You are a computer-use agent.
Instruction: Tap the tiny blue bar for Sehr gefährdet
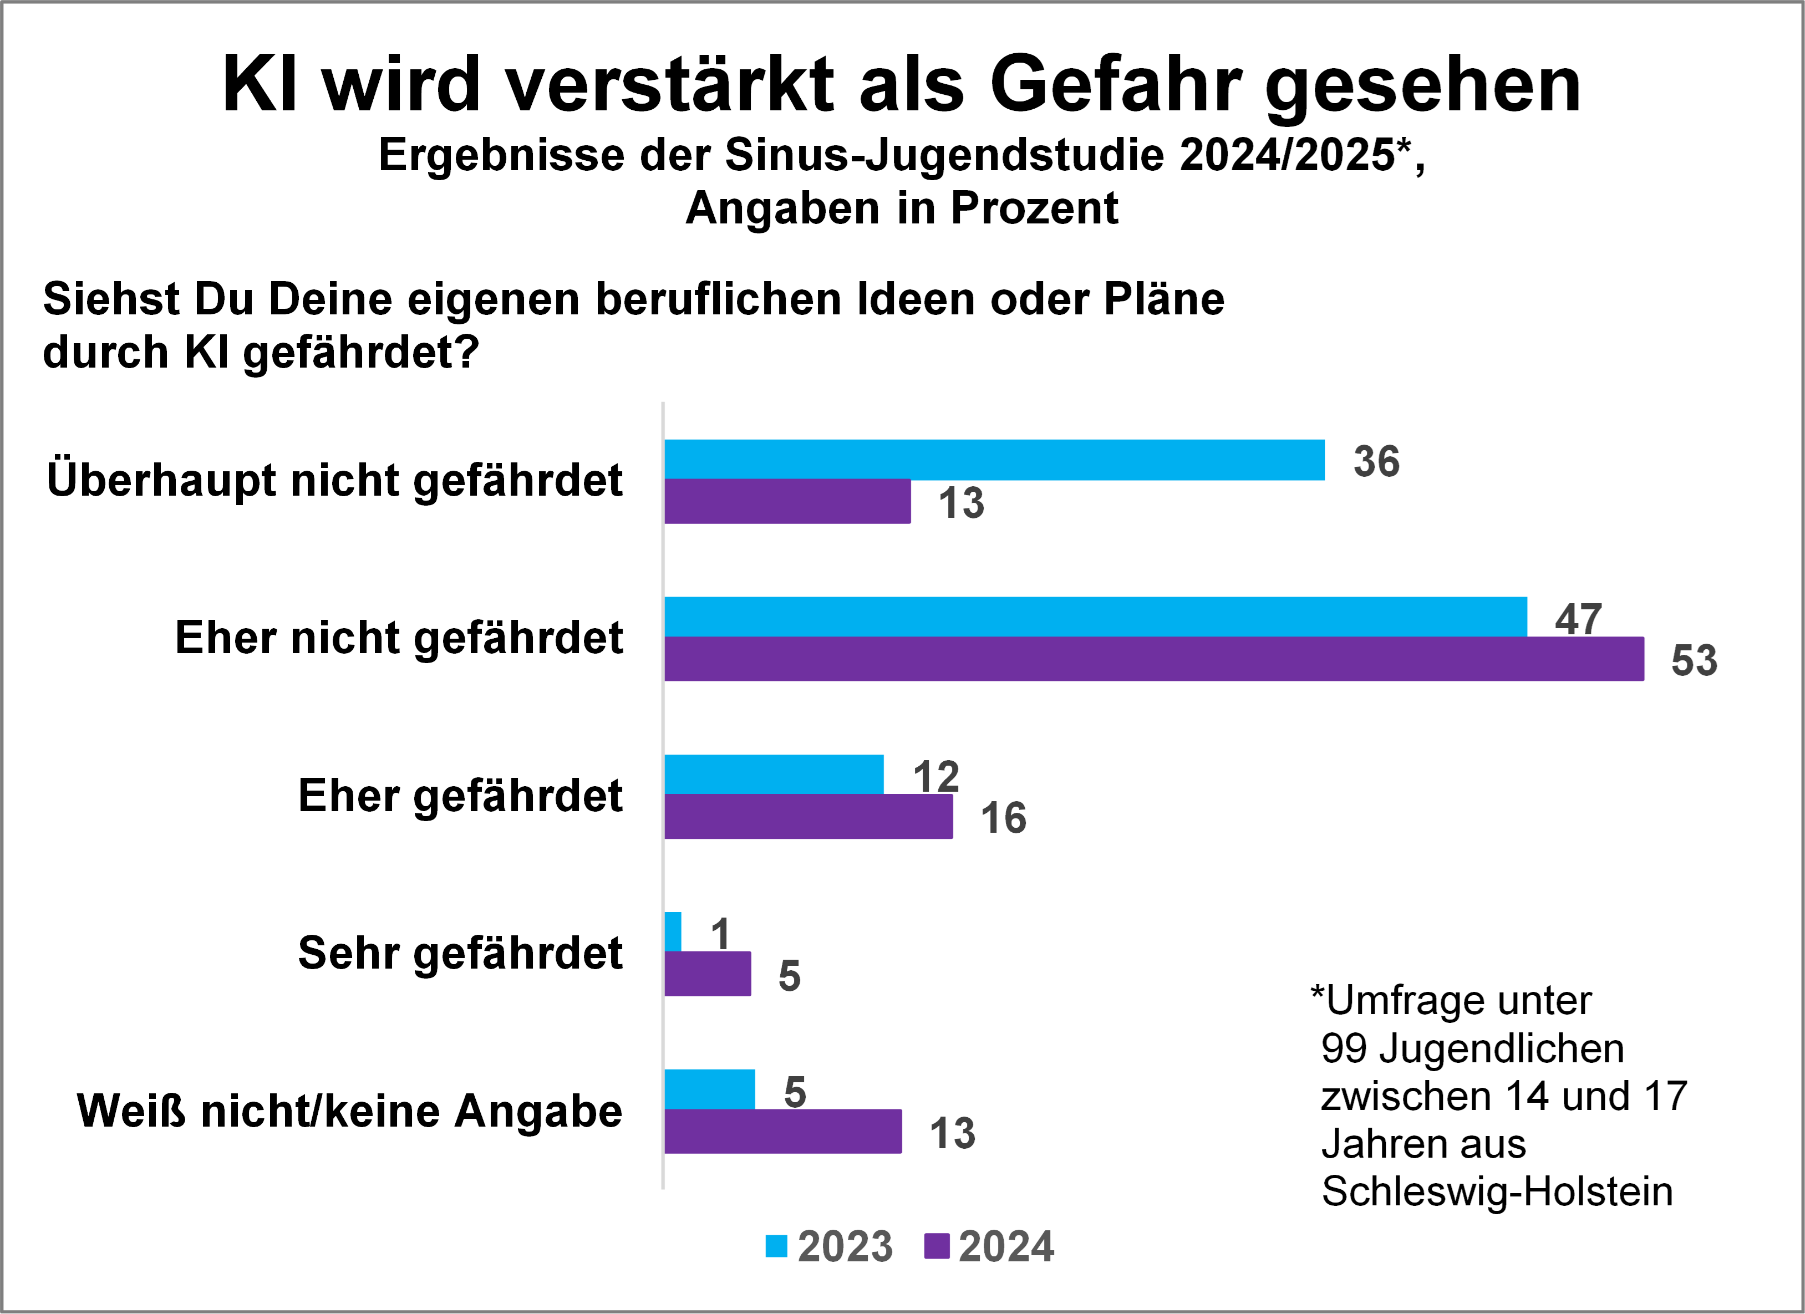[x=673, y=931]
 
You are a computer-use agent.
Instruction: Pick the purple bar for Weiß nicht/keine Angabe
[x=783, y=1131]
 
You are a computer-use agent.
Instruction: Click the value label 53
[x=1694, y=660]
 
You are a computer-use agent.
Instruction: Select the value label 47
[x=1578, y=619]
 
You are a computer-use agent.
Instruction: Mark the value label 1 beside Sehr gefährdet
[x=720, y=934]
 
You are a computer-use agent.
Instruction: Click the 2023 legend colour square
[x=776, y=1246]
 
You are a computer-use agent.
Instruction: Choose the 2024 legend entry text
[x=1006, y=1246]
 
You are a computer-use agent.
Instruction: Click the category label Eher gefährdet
[x=460, y=795]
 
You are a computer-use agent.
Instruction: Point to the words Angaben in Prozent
[x=902, y=208]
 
